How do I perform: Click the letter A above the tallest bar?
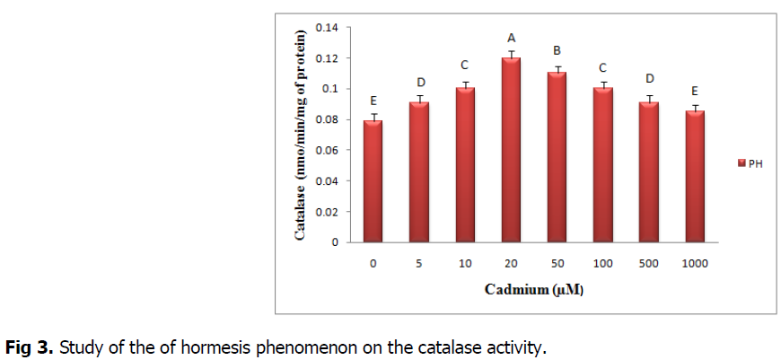coord(512,38)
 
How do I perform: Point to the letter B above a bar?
coord(557,51)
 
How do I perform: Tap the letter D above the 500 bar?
coord(650,79)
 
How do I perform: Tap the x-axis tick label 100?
coord(603,263)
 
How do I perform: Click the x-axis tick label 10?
coord(464,263)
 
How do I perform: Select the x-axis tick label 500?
coord(649,263)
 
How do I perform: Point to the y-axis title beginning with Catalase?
coord(303,135)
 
